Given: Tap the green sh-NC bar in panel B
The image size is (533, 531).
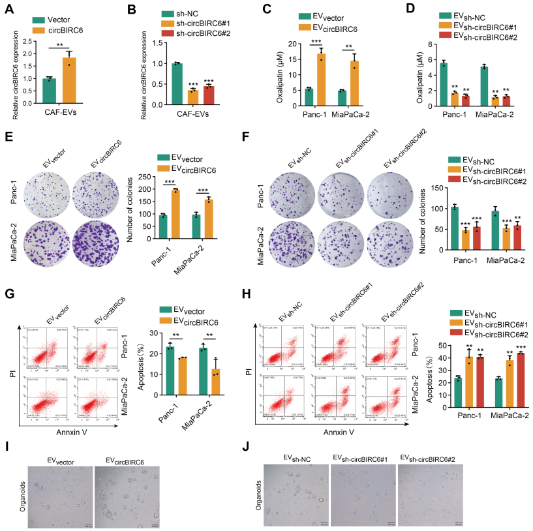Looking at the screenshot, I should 176,84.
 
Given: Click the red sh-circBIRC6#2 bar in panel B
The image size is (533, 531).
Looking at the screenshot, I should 209,95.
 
